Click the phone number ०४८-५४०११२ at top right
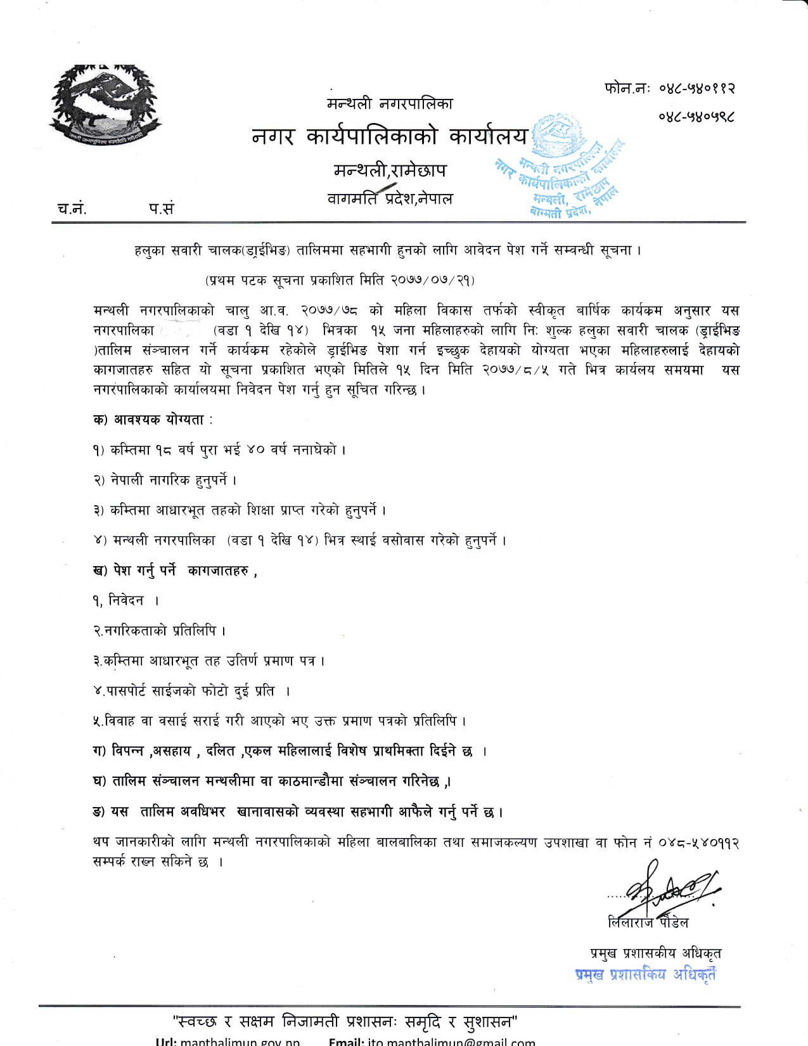pyautogui.click(x=696, y=88)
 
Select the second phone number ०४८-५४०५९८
pyautogui.click(x=696, y=116)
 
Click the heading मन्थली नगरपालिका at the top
pyautogui.click(x=390, y=103)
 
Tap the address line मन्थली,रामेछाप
pyautogui.click(x=390, y=170)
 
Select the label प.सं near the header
pyautogui.click(x=162, y=209)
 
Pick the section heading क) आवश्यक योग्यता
pyautogui.click(x=152, y=420)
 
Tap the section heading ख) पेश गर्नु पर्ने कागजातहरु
pyautogui.click(x=174, y=571)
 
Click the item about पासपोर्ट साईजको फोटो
pyautogui.click(x=190, y=691)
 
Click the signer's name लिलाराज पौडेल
pyautogui.click(x=648, y=922)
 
